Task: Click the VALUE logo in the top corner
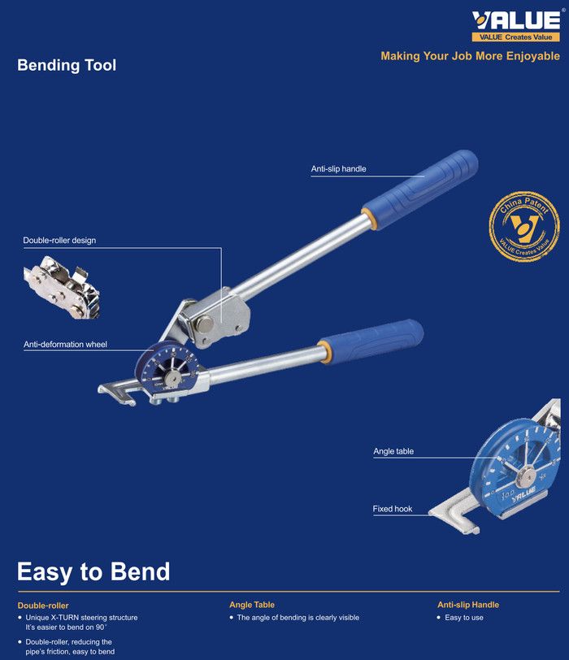click(x=516, y=25)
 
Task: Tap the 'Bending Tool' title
click(x=67, y=65)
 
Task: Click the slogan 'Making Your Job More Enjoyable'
click(x=470, y=56)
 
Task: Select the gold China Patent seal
click(x=524, y=227)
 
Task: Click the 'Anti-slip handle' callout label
click(x=338, y=169)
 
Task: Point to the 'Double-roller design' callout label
click(x=59, y=241)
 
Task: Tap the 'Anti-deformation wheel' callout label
click(x=65, y=345)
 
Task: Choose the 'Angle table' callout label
click(x=393, y=451)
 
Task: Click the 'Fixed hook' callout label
click(x=393, y=509)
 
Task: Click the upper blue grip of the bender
click(x=421, y=189)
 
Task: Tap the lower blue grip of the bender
click(x=371, y=341)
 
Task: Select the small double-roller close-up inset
click(x=63, y=287)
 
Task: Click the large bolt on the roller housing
click(x=205, y=323)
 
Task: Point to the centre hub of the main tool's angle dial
click(x=172, y=376)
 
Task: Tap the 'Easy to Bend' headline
click(x=93, y=571)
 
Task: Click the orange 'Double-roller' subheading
click(x=43, y=606)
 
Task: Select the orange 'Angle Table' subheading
click(x=252, y=605)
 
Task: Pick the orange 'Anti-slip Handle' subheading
click(x=468, y=605)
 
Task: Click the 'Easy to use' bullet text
click(x=464, y=618)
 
